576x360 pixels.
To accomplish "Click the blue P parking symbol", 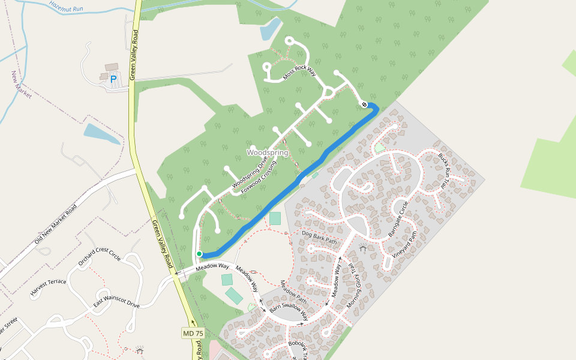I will [113, 79].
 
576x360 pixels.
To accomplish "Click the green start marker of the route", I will [199, 254].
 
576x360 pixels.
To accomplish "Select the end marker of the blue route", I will [364, 105].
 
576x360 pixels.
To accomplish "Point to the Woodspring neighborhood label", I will [267, 153].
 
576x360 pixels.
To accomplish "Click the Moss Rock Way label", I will [299, 73].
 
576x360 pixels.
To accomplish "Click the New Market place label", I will [21, 85].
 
